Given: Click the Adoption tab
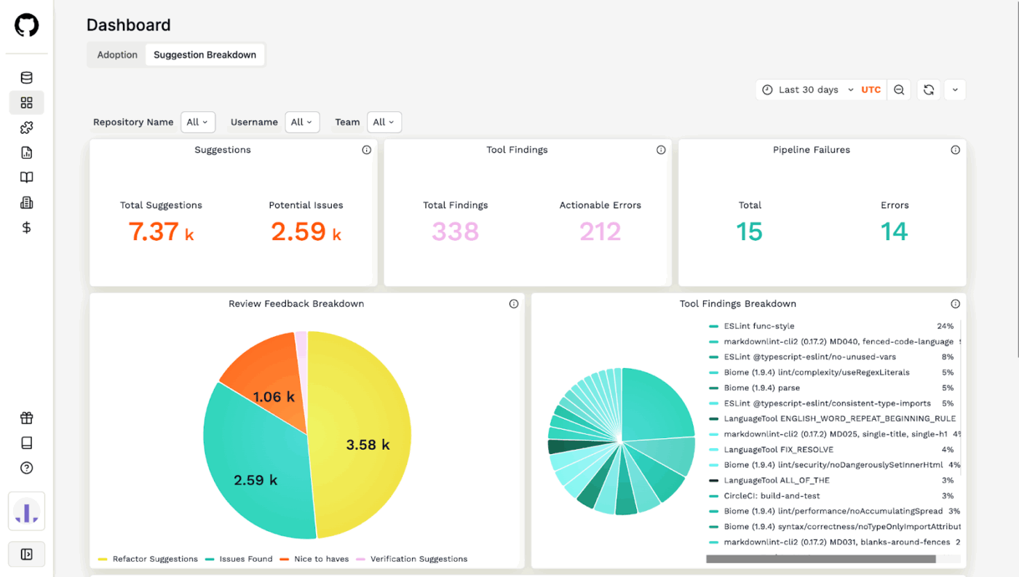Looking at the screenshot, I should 117,55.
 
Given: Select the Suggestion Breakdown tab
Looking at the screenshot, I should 205,55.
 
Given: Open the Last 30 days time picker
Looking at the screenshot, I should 808,89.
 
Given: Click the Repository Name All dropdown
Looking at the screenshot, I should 197,122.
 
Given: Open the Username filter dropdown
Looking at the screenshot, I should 302,122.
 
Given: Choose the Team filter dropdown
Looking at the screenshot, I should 384,122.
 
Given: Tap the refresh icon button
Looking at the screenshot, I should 928,89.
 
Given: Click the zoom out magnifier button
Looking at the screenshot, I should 899,89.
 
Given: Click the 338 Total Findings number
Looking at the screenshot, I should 455,231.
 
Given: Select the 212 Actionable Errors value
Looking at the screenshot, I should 600,231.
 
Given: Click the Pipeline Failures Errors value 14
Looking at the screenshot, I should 894,231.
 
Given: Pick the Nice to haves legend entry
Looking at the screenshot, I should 320,559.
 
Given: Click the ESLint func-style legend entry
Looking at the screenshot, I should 758,326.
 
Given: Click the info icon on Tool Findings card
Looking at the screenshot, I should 661,150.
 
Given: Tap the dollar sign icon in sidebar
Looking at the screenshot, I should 26,228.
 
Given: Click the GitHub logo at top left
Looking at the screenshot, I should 26,25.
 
